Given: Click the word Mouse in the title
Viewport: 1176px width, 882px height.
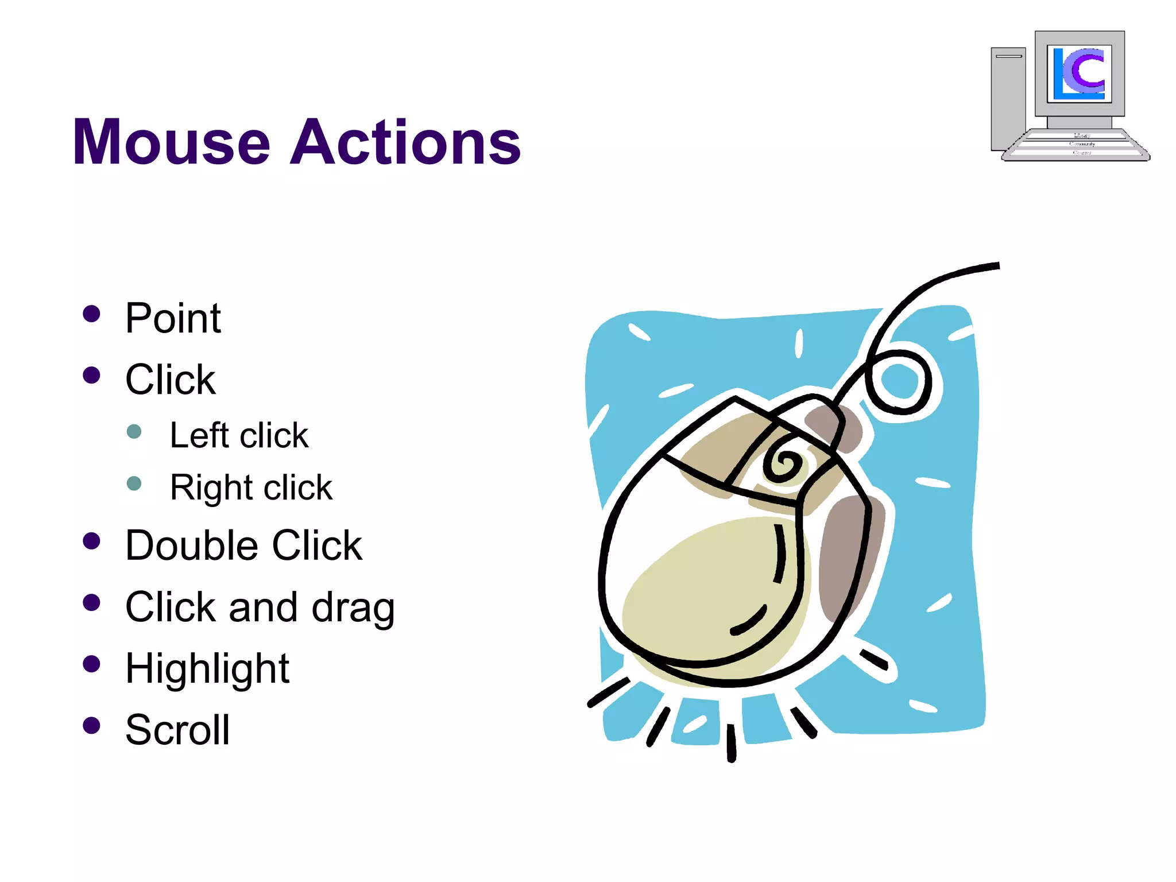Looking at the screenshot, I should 171,142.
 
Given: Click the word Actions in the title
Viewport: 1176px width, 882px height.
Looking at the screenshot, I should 405,142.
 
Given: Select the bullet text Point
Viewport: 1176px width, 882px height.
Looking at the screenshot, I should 173,318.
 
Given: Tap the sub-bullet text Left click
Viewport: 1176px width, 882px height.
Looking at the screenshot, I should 239,436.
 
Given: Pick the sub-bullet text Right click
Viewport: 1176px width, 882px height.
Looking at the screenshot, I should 251,488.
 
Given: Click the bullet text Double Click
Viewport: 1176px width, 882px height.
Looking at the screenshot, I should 243,546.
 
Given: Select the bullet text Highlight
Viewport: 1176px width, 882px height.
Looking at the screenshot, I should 207,669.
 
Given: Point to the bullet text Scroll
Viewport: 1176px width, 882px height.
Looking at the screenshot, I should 177,730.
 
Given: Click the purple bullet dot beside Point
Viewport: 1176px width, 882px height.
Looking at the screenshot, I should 91,314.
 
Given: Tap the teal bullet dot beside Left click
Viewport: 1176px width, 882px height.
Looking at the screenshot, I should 134,432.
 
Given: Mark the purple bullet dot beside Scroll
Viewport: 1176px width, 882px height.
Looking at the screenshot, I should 91,726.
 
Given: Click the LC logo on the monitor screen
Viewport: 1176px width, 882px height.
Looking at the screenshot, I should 1079,73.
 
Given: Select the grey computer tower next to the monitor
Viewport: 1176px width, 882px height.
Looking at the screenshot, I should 1008,98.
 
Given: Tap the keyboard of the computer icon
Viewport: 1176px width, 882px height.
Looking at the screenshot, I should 1075,145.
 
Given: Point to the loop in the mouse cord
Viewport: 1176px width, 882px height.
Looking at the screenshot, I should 899,382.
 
